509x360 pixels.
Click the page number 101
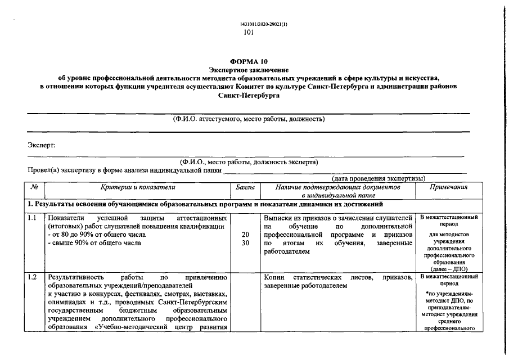[x=249, y=33]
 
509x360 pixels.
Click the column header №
[x=34, y=187]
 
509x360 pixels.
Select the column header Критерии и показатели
[x=138, y=187]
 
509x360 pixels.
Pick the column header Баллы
[x=245, y=187]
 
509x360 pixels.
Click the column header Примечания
[x=448, y=187]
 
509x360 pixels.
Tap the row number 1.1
[x=33, y=218]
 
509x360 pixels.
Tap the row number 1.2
[x=33, y=277]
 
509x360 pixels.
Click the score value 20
[x=245, y=235]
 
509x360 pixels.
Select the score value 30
[x=245, y=243]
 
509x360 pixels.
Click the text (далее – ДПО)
[x=448, y=269]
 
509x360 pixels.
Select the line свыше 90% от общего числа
[x=96, y=243]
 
